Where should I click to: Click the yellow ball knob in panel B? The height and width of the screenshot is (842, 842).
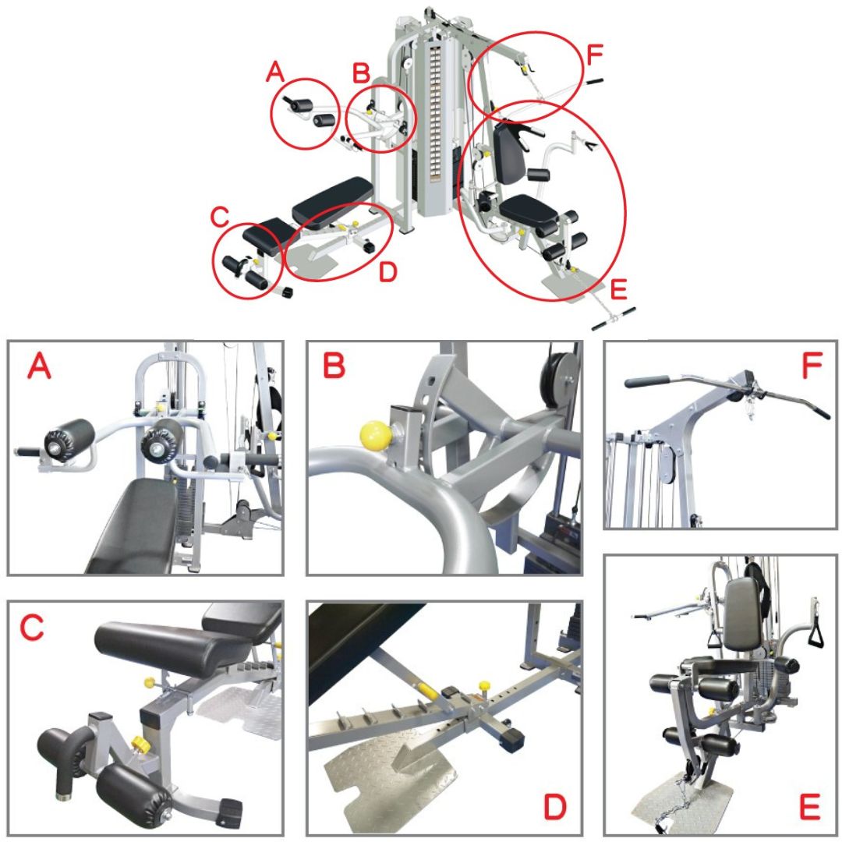(372, 436)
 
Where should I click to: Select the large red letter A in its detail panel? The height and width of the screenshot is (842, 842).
(41, 367)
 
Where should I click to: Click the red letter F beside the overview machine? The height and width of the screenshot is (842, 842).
(594, 56)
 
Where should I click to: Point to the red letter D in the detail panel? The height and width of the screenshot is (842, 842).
(554, 808)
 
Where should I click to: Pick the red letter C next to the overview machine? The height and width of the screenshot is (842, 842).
(221, 215)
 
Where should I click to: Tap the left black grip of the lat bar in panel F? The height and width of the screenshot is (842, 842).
(647, 382)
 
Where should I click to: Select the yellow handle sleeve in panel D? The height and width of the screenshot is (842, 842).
(426, 690)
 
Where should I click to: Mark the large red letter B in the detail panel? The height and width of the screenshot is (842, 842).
(333, 366)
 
